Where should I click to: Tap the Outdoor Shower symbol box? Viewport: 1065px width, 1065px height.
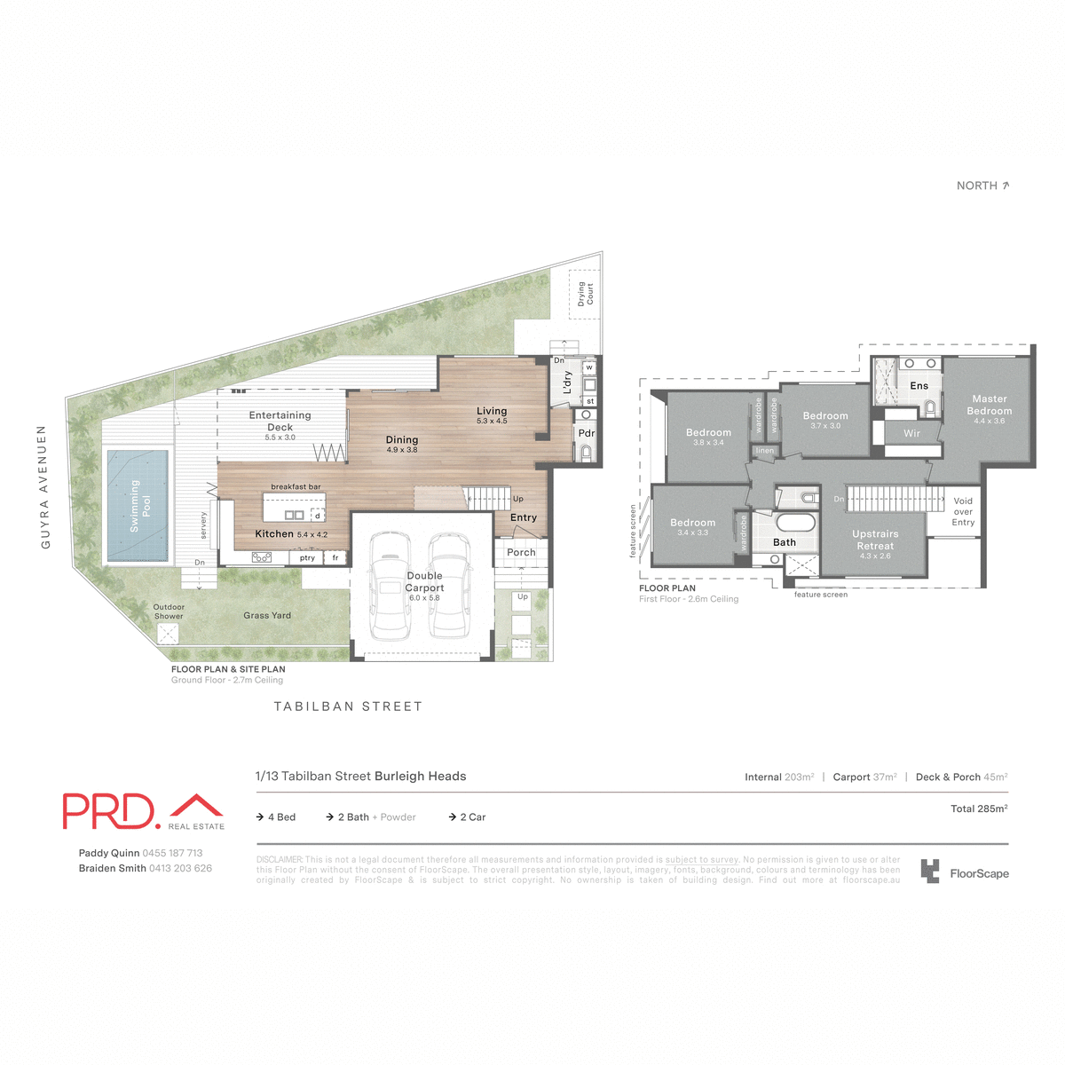pos(167,634)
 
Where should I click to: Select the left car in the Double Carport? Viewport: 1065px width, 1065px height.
pos(388,586)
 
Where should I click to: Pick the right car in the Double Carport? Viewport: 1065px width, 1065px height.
pos(448,586)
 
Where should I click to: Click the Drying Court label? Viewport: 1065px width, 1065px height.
pos(585,294)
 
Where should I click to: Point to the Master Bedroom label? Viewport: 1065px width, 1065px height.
pos(989,406)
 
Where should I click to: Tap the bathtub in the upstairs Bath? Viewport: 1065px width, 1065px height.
pos(794,522)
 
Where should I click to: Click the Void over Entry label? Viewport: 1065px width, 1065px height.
pos(963,512)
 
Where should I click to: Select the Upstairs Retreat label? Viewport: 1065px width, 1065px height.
pos(875,540)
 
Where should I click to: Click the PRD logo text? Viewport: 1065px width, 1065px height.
pos(109,811)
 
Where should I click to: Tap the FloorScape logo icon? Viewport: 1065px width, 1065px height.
pos(929,872)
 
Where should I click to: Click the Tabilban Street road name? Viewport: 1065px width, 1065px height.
pos(348,706)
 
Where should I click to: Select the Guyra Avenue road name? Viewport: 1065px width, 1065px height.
pos(43,487)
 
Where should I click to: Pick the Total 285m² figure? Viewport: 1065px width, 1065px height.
pos(978,809)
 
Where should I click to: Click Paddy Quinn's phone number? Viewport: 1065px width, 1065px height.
pos(172,853)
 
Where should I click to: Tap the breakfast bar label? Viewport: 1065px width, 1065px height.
pos(296,487)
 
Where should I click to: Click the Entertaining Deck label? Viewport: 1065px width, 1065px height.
pos(280,421)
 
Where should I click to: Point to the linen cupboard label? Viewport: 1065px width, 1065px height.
pos(764,451)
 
